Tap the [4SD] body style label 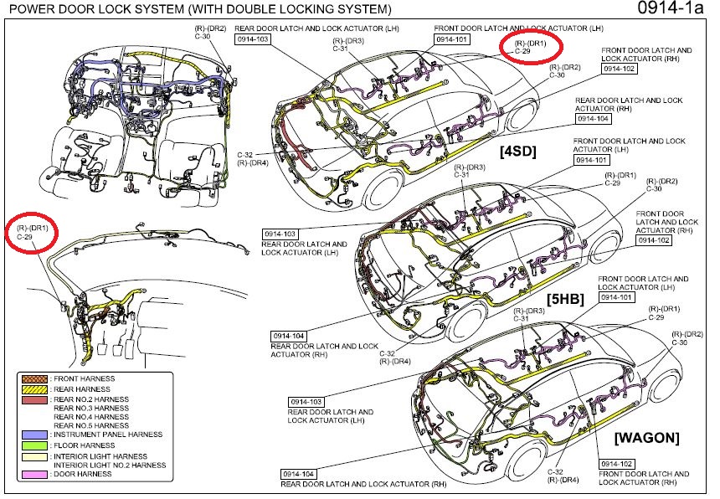[x=515, y=152]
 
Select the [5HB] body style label [x=566, y=298]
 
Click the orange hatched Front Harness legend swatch [x=33, y=380]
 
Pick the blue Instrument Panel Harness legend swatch [x=33, y=435]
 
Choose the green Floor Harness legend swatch [x=33, y=445]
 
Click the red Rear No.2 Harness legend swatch [x=33, y=399]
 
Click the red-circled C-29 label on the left [x=25, y=238]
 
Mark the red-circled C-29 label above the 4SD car [x=522, y=51]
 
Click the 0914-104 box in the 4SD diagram [x=591, y=119]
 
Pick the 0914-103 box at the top [x=254, y=39]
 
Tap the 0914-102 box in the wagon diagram [x=617, y=462]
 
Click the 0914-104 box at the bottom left [x=297, y=474]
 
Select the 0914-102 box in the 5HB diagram [x=655, y=240]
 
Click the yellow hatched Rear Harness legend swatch [x=33, y=389]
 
